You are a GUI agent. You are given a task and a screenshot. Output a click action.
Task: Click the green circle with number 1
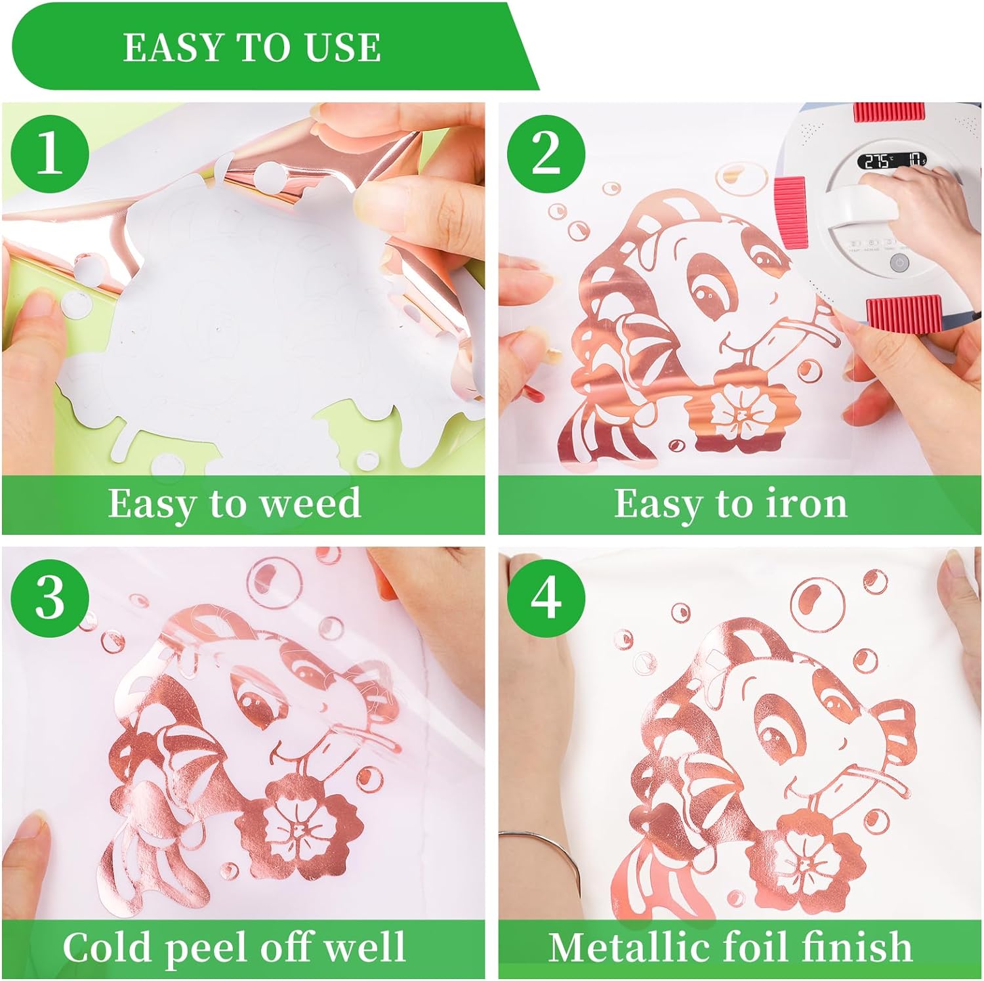(x=51, y=153)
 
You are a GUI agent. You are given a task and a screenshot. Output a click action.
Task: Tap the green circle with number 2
(x=546, y=153)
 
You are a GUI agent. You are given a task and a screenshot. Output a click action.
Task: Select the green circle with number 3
(x=51, y=598)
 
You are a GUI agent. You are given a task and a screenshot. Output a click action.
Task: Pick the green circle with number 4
(x=546, y=598)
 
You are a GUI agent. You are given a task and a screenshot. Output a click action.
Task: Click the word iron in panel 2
(x=806, y=504)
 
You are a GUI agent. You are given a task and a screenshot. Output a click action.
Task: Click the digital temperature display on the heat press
(x=890, y=161)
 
